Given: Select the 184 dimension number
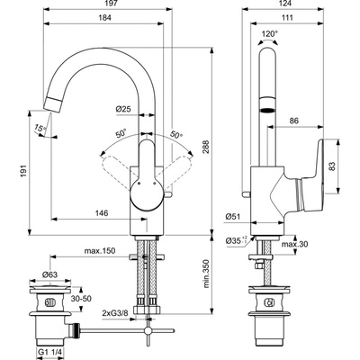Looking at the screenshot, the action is click(x=105, y=18).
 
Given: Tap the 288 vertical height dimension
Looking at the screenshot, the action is click(x=205, y=147).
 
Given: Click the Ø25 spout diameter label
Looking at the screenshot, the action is click(x=123, y=109).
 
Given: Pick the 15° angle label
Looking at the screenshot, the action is click(x=40, y=129).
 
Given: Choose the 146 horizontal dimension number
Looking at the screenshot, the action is click(x=102, y=213).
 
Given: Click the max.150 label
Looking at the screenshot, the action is click(x=100, y=250).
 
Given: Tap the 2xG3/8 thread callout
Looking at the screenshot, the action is click(x=115, y=312).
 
